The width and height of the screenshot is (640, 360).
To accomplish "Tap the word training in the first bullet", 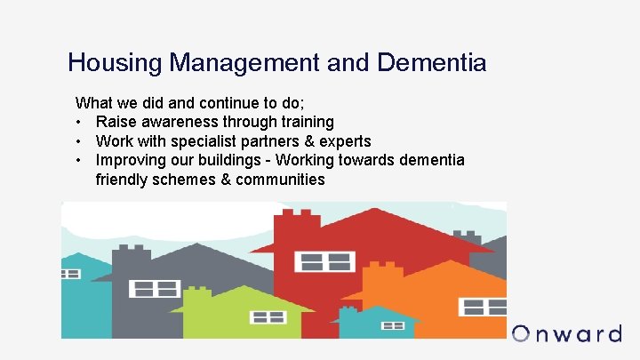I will pyautogui.click(x=303, y=122).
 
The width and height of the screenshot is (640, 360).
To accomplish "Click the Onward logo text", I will pyautogui.click(x=566, y=334).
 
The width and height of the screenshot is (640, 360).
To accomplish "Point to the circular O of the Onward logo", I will pyautogui.click(x=522, y=334).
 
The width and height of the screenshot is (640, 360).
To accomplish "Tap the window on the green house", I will pyautogui.click(x=267, y=316).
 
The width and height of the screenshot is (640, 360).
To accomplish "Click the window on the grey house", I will pyautogui.click(x=155, y=288).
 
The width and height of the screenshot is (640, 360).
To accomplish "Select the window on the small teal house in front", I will pyautogui.click(x=392, y=326).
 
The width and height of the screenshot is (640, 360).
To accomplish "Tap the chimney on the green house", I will pyautogui.click(x=198, y=293).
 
